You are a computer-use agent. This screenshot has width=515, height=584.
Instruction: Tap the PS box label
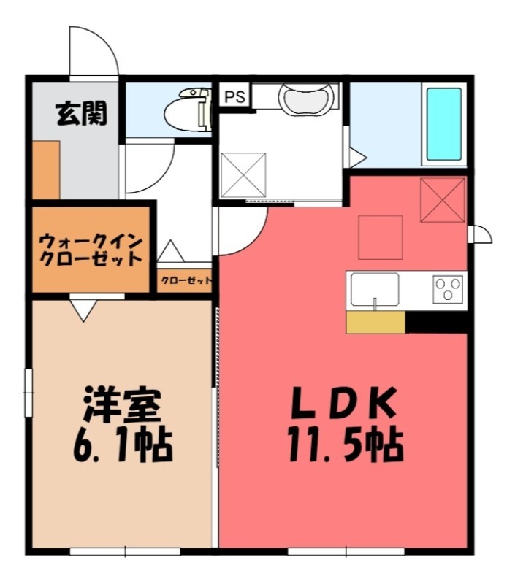tap(235, 96)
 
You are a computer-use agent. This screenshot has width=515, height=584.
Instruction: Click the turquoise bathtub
tap(443, 124)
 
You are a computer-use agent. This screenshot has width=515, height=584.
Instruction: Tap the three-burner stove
tap(449, 290)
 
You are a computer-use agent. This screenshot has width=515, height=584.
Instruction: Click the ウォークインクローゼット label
tap(91, 249)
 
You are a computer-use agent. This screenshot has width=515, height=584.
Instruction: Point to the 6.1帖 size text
tap(121, 445)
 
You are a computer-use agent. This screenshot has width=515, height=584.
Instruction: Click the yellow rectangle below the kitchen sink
tap(375, 322)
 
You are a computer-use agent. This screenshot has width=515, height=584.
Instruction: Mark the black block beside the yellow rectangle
tap(436, 322)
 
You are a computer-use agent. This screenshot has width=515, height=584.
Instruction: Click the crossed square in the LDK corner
tap(443, 199)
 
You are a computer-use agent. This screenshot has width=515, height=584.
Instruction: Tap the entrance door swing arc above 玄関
tap(94, 51)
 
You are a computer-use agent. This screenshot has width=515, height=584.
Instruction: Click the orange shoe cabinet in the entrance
tap(45, 170)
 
